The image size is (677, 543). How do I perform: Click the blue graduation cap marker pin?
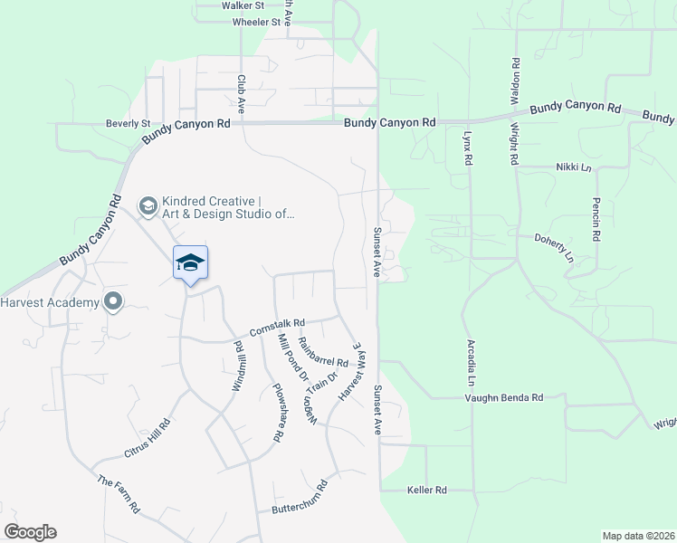(x=190, y=263)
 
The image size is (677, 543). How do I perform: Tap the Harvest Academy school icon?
(x=113, y=301)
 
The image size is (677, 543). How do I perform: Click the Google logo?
(x=30, y=532)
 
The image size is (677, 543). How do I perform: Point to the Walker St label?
(x=243, y=5)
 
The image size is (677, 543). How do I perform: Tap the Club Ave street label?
(x=242, y=91)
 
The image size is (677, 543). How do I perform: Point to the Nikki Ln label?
(x=573, y=167)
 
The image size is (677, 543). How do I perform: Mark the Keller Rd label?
(x=427, y=490)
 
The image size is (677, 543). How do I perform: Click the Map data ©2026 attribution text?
(x=638, y=536)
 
